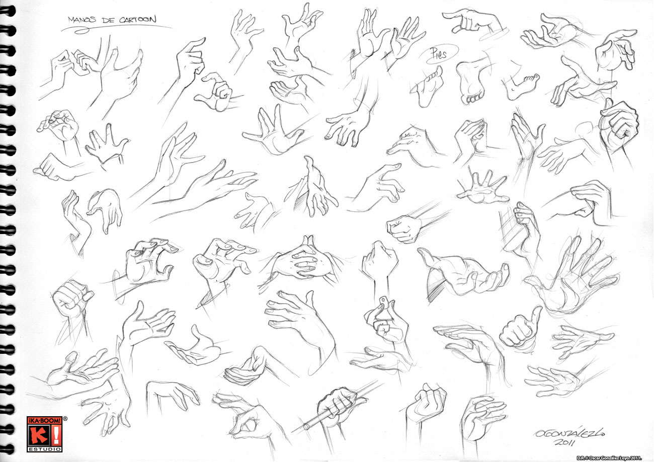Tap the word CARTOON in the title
(x=137, y=20)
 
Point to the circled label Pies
(x=438, y=54)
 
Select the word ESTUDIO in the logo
(x=44, y=449)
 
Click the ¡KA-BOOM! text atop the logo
(x=44, y=421)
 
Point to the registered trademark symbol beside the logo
(x=65, y=419)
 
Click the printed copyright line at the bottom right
(x=608, y=457)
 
